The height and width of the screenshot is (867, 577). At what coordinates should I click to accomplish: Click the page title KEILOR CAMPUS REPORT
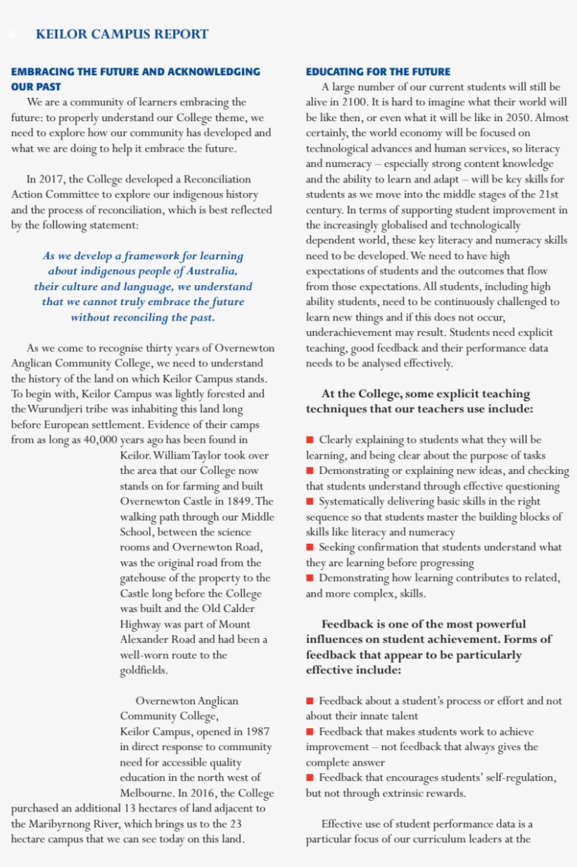click(122, 34)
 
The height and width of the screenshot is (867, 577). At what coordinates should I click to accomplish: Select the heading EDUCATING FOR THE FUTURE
click(378, 72)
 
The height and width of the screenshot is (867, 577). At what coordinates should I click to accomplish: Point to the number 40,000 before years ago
click(97, 440)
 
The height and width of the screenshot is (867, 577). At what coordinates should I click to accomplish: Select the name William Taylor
click(186, 456)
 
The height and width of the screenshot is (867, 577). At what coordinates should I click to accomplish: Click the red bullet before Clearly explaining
click(310, 440)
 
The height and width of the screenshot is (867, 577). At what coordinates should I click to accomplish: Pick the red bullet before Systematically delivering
click(310, 501)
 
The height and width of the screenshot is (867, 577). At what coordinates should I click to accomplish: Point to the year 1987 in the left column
click(257, 732)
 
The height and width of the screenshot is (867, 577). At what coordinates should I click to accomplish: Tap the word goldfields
click(144, 670)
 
